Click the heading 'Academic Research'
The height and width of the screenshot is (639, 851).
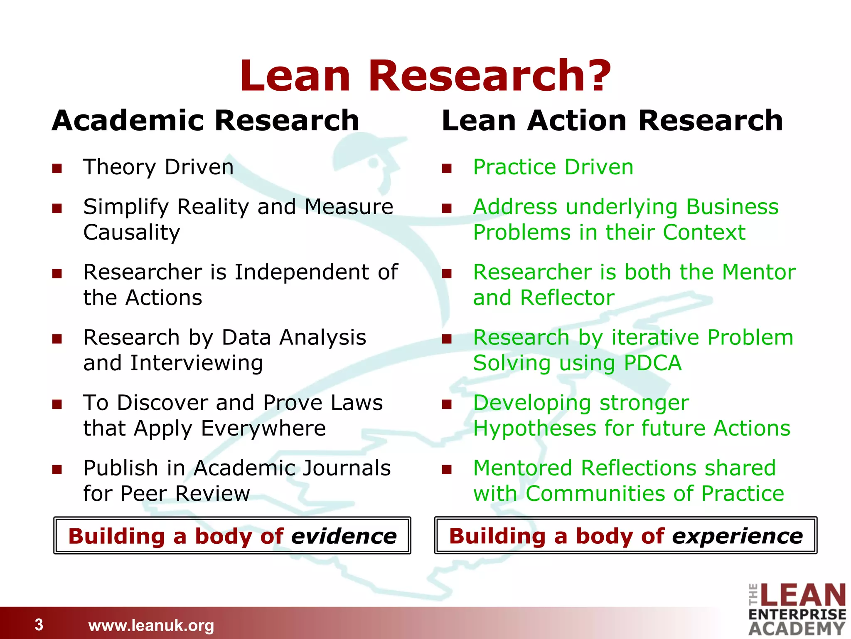[205, 120]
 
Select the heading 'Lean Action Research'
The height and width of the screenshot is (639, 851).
[612, 120]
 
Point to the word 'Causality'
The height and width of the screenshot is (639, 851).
[132, 232]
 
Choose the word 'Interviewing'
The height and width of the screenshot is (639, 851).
[196, 363]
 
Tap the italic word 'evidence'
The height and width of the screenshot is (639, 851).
[344, 536]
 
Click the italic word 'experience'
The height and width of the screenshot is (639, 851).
[737, 536]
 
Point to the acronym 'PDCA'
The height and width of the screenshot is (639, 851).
[652, 363]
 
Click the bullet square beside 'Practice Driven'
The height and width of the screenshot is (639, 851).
[447, 168]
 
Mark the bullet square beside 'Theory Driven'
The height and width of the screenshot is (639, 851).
[57, 168]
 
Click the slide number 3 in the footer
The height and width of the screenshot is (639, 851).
[39, 624]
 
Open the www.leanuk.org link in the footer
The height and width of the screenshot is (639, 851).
[151, 625]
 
